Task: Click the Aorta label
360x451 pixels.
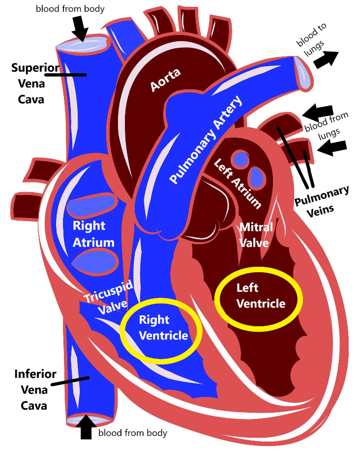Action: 165,80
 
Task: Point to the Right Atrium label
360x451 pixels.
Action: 93,234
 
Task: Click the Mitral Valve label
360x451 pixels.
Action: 254,235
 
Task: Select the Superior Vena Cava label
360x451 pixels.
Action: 29,84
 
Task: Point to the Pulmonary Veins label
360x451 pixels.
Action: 322,199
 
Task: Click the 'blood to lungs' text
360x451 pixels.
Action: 311,39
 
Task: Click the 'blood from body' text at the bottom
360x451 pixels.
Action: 133,433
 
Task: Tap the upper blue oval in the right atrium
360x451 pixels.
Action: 92,206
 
